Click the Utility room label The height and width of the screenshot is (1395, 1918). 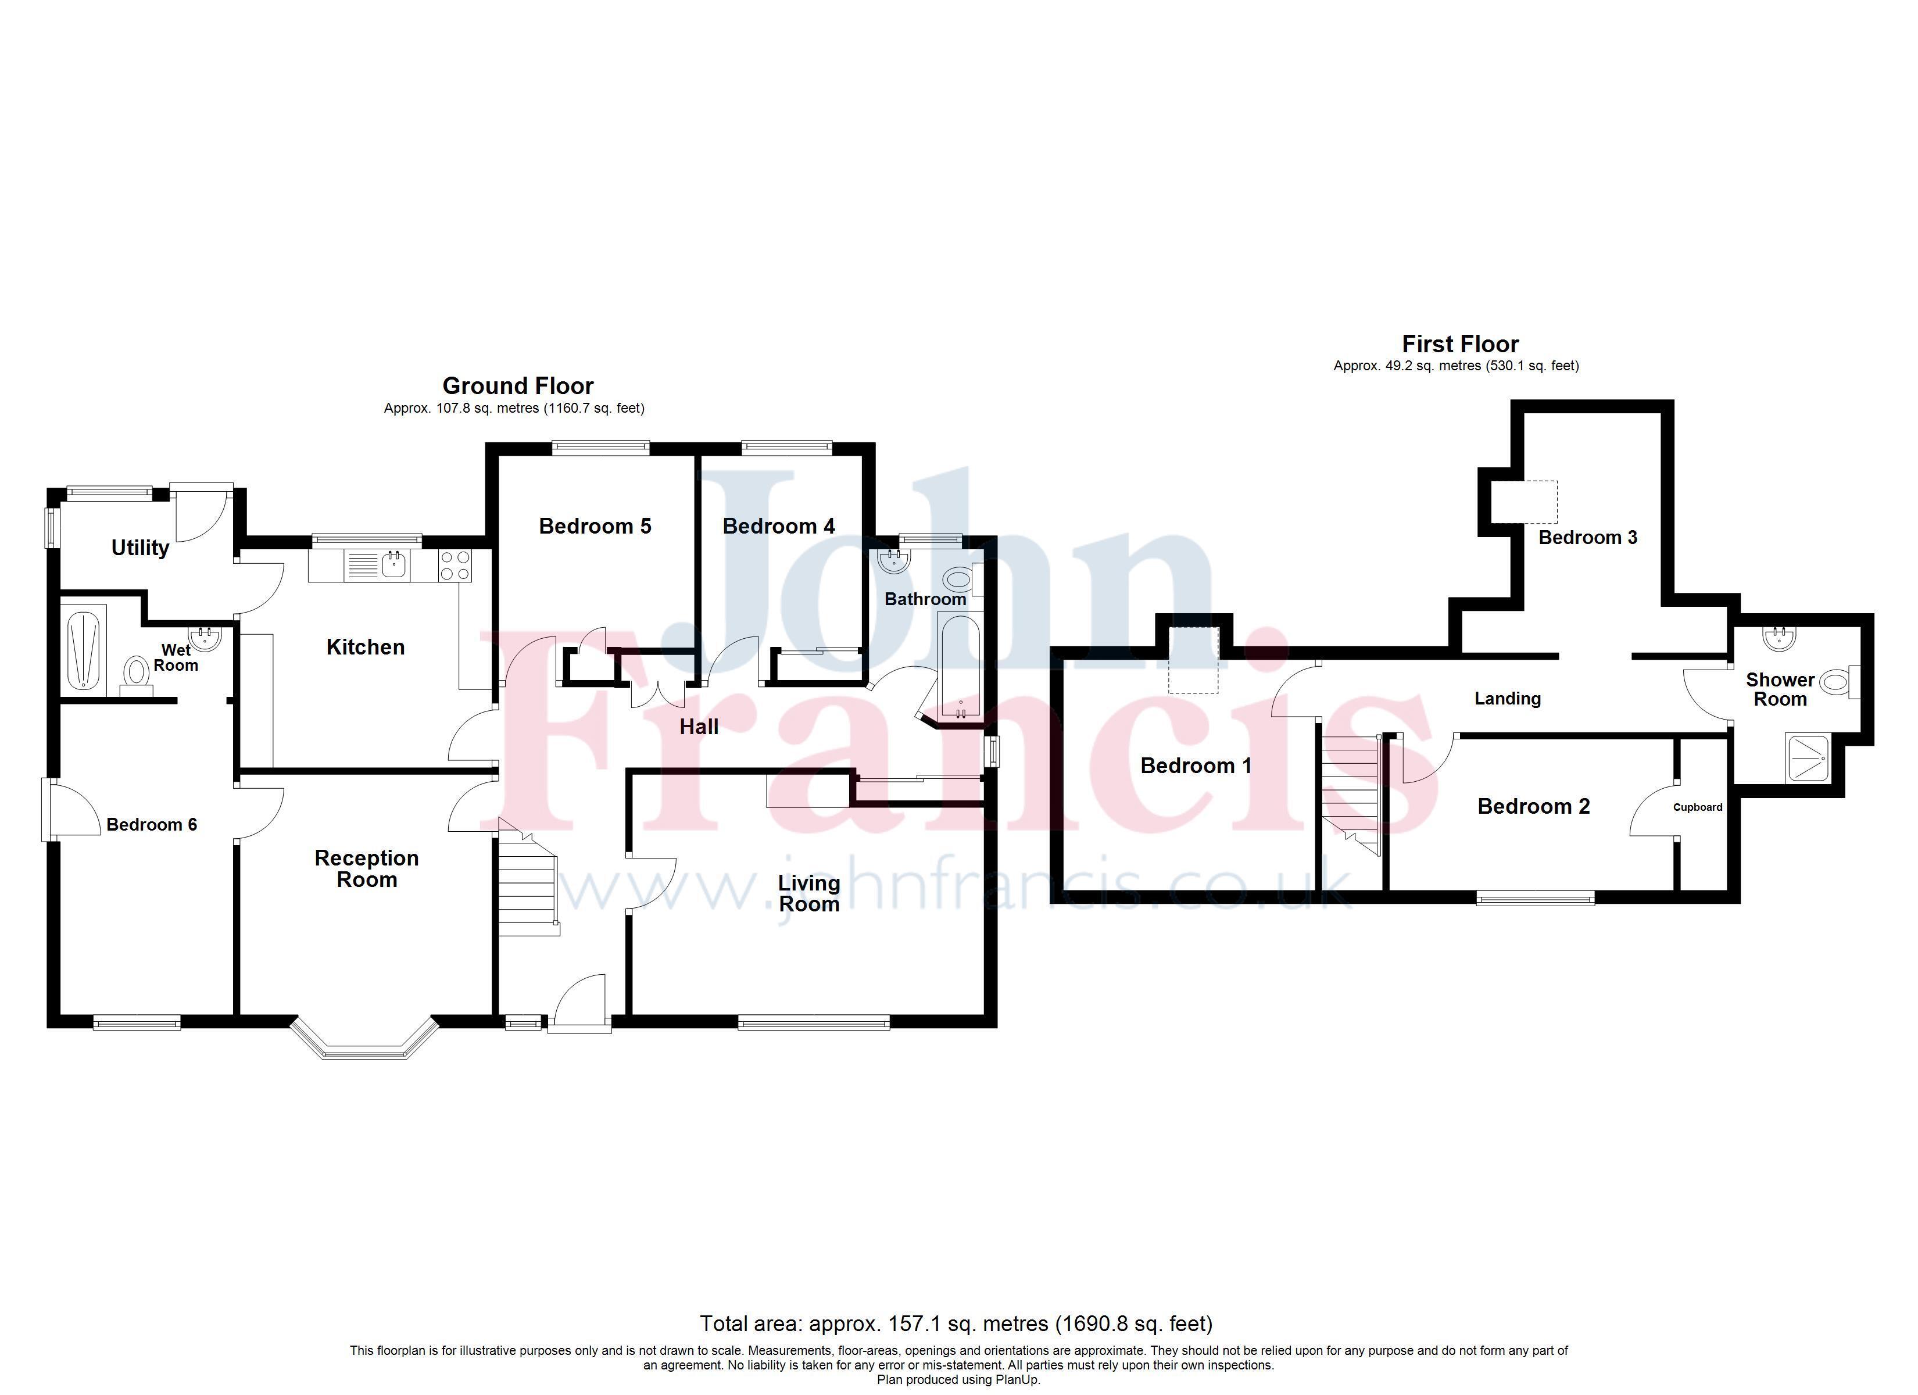coord(141,548)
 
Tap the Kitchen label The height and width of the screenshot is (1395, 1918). coord(366,647)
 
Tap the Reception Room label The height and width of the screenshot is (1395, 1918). coord(367,869)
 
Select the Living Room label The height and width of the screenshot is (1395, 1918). coord(809,893)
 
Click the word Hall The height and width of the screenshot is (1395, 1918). coord(699,727)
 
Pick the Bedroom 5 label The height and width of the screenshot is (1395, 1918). coord(595,526)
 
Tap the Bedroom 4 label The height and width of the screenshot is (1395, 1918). coord(779,526)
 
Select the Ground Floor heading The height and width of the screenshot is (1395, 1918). coord(518,386)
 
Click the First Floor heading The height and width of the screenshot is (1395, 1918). coord(1461,344)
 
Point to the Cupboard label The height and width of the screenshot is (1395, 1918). coord(1698,807)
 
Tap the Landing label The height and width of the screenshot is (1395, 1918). coord(1508,699)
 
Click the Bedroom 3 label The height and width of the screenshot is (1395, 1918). coord(1588,537)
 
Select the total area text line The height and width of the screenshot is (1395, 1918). coord(957,1324)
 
